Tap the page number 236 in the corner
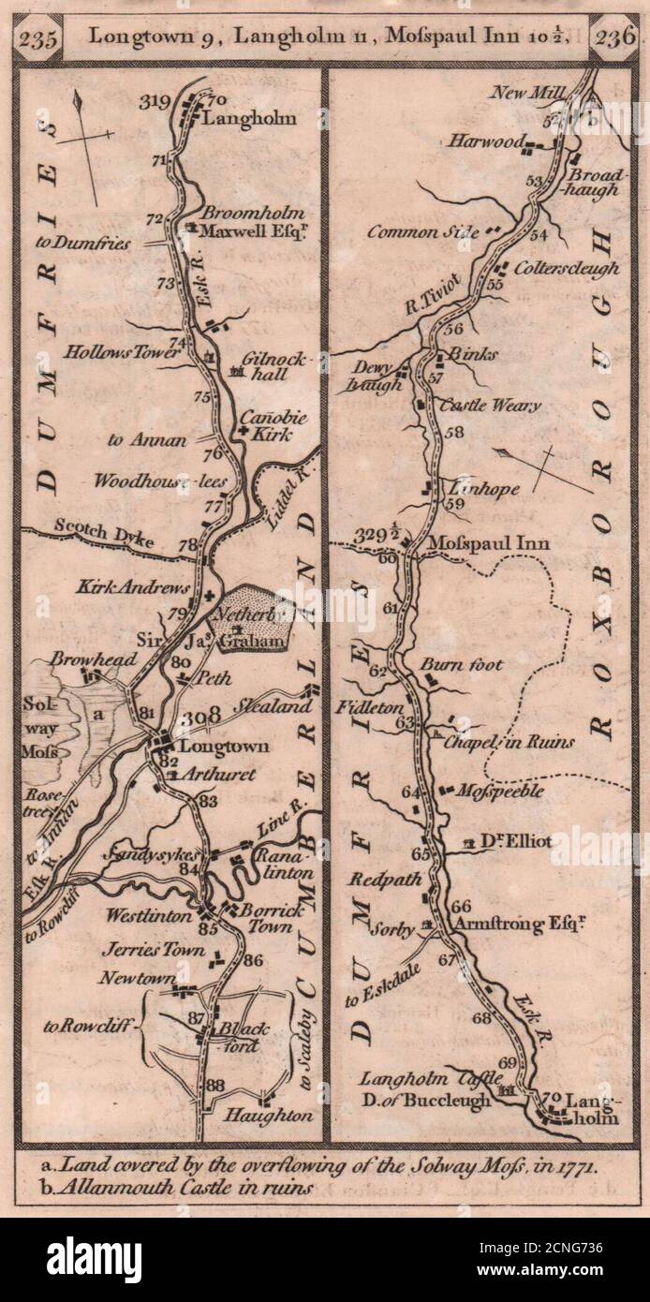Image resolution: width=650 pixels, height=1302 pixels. [x=615, y=38]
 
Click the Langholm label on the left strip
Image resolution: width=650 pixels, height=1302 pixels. [x=249, y=118]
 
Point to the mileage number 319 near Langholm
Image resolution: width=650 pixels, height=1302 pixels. [x=161, y=101]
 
